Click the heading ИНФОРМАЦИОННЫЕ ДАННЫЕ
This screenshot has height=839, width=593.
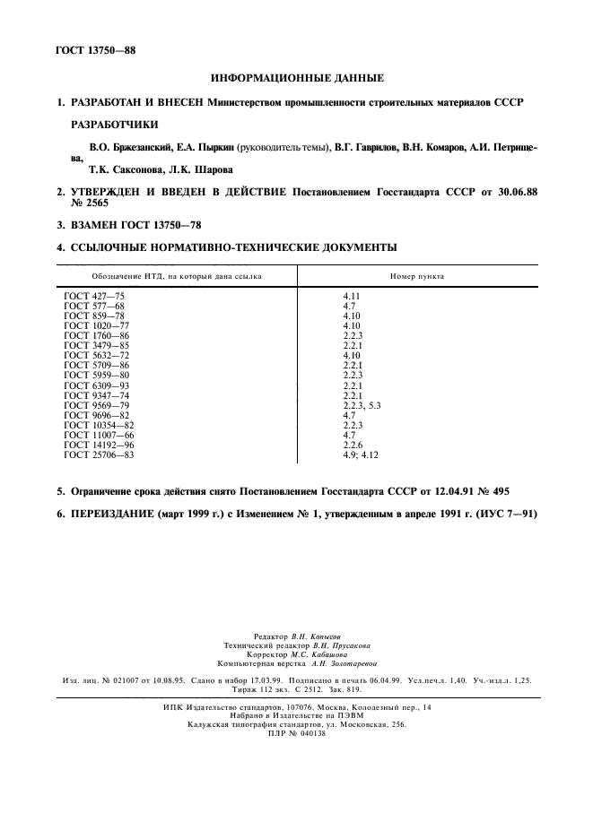tap(296, 79)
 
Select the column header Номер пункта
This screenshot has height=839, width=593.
tap(417, 276)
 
